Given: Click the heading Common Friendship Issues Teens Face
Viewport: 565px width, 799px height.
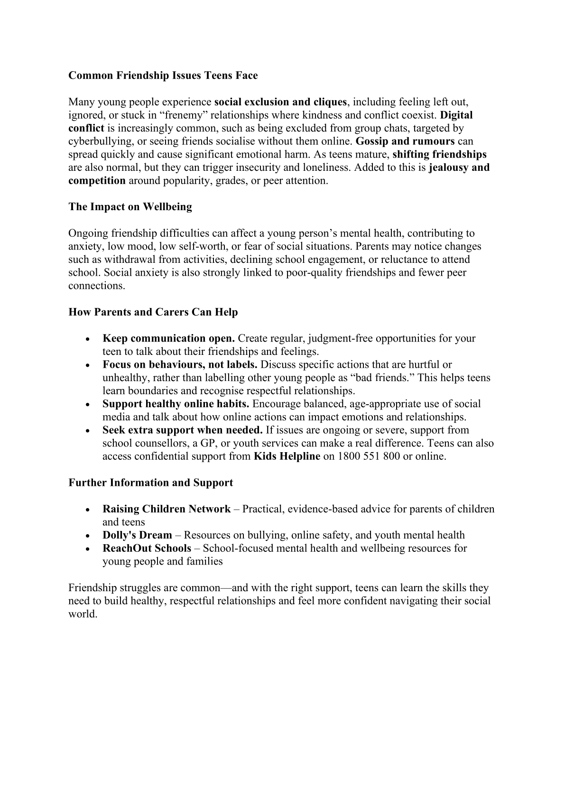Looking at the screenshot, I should click(163, 76).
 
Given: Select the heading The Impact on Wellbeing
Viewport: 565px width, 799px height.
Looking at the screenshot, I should click(130, 207).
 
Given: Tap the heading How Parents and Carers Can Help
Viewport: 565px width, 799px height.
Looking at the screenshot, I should click(153, 312).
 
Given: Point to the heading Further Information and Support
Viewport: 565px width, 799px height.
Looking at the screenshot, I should click(150, 483).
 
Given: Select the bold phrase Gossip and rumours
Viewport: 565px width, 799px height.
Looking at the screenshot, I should click(405, 141).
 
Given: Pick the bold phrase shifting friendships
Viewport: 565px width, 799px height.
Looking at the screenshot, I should click(439, 155).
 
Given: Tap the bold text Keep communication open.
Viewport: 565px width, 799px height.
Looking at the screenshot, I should click(168, 339).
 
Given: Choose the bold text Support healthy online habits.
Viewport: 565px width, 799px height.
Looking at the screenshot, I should click(176, 404).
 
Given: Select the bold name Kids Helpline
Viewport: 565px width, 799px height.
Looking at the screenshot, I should click(287, 457).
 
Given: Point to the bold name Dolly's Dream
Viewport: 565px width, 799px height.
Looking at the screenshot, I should click(137, 536).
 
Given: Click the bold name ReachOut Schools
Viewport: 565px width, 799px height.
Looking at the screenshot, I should click(147, 548).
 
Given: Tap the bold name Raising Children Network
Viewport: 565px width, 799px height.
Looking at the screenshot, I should click(167, 510).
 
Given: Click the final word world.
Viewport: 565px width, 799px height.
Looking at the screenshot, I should click(83, 614).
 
